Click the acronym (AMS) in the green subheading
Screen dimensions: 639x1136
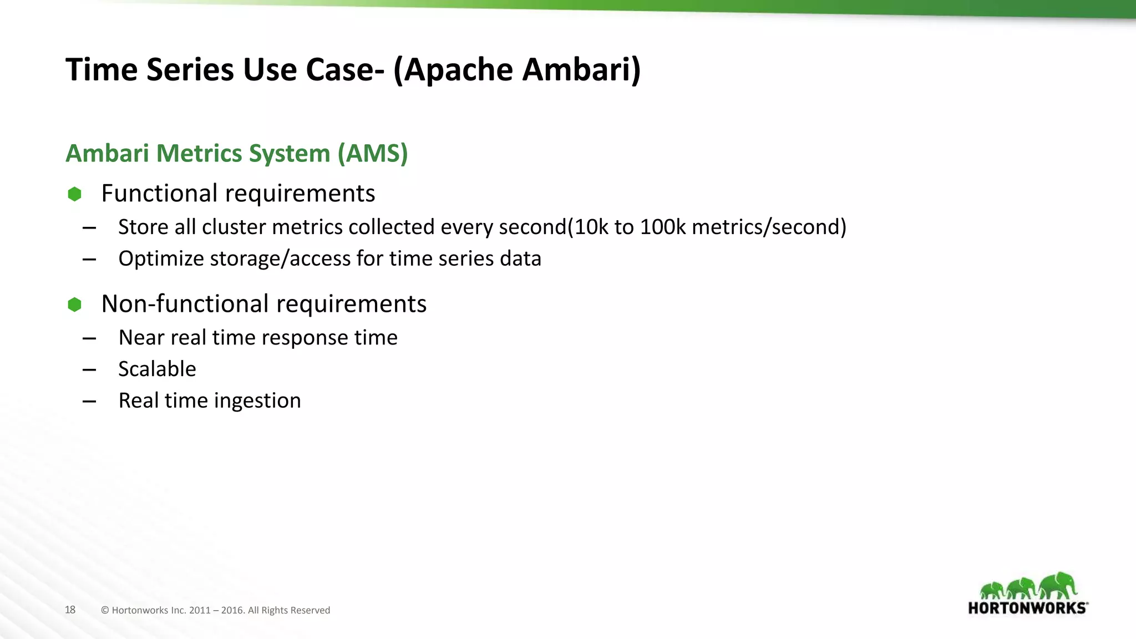[x=373, y=154]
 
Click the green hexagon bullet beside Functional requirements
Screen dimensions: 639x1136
[x=74, y=194]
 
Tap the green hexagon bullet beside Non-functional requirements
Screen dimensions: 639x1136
[x=74, y=305]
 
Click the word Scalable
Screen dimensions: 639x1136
[x=157, y=369]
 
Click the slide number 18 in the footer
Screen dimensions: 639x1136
[x=70, y=610]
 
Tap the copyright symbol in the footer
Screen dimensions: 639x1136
[x=105, y=610]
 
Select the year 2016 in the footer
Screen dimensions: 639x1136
[x=232, y=610]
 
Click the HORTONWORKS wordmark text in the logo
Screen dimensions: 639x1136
[x=1027, y=608]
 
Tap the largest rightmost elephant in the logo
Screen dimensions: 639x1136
[x=1058, y=585]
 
